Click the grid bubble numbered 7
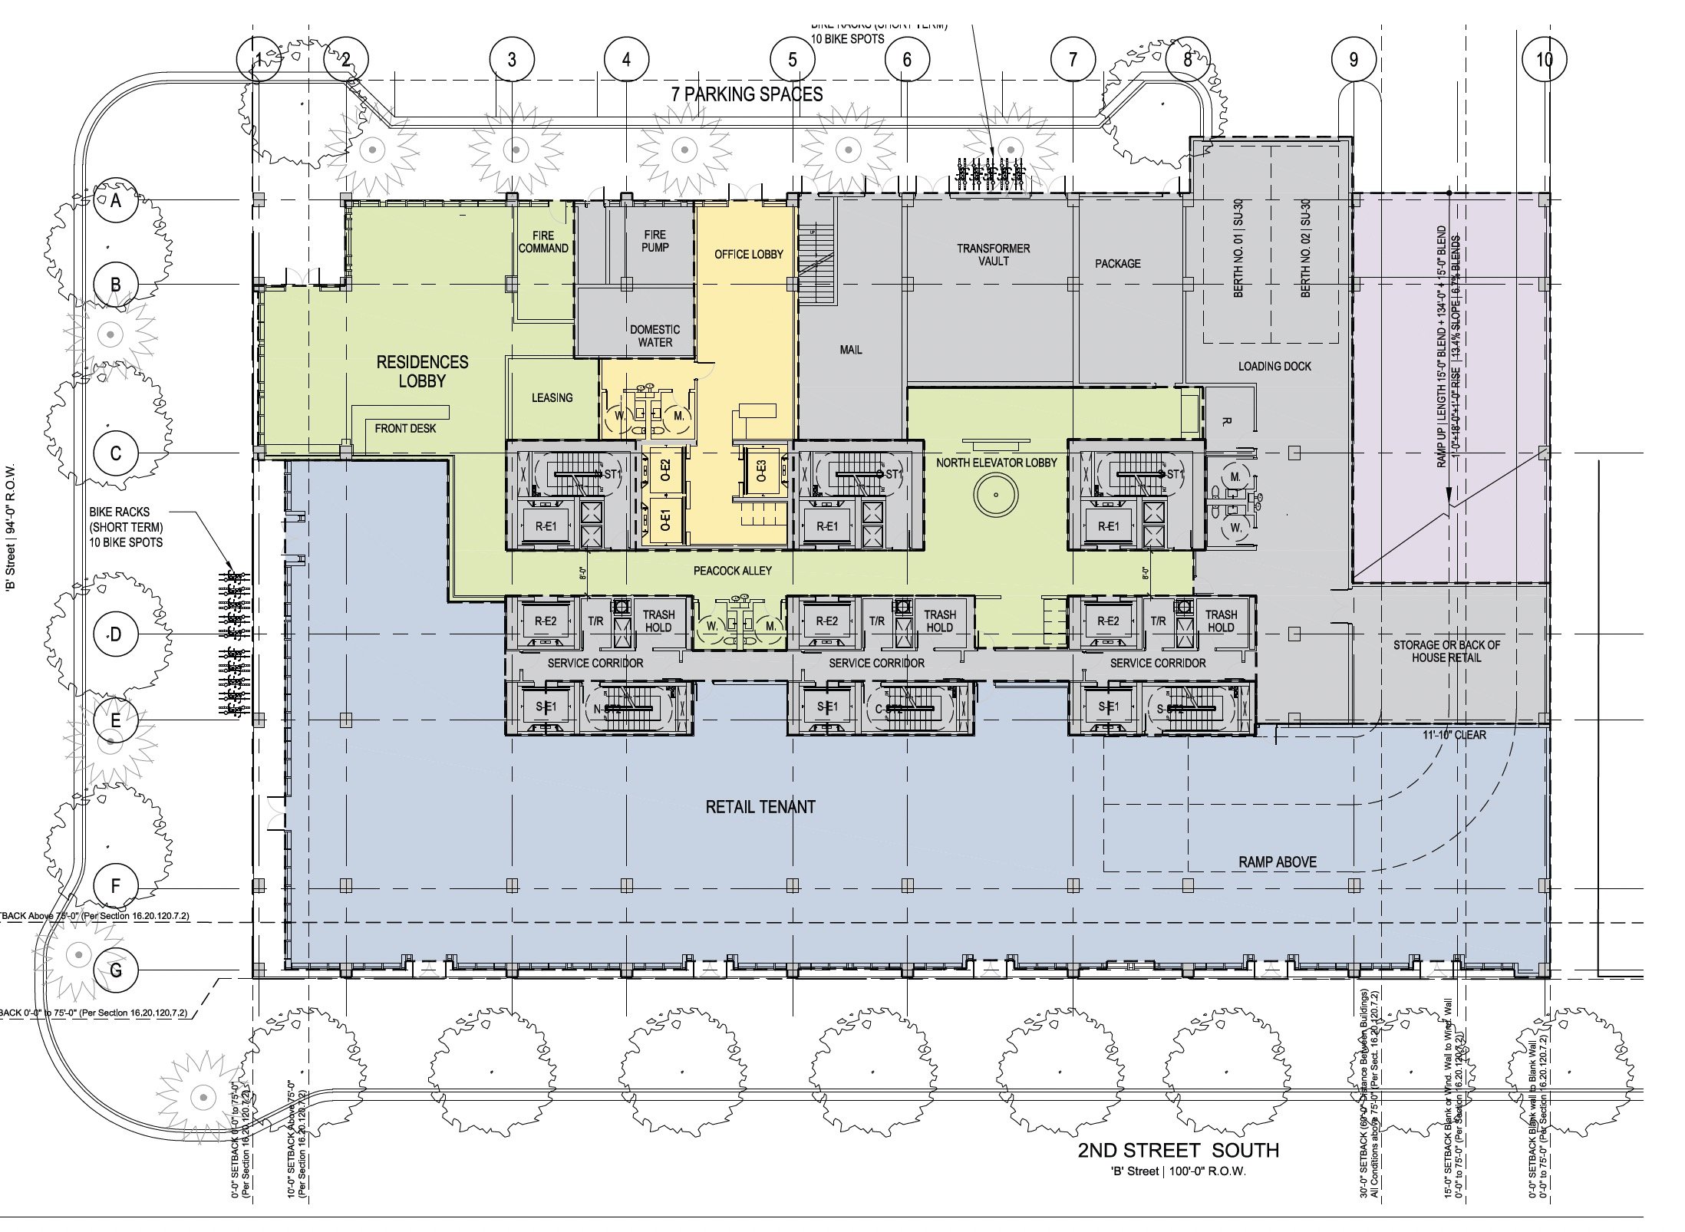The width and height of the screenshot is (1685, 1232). coord(1073,59)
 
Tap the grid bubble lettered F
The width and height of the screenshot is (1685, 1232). coord(116,886)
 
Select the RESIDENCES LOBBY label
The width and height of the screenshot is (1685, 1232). coord(422,371)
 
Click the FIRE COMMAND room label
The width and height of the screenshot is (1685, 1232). coord(543,242)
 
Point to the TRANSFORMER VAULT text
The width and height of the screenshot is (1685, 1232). coord(993,255)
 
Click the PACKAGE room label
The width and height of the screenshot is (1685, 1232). coord(1117,263)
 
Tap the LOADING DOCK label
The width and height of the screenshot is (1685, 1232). coord(1274,366)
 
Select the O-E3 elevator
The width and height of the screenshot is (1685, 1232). coord(761,470)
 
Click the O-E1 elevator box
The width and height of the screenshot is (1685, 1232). coord(665,521)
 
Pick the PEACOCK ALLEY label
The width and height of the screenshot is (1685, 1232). coord(732,571)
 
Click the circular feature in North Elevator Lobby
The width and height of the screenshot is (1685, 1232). coord(996,495)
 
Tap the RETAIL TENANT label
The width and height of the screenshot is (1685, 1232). coord(760,807)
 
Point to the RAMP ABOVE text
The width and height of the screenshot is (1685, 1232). coord(1277,862)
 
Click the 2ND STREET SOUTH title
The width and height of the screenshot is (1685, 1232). coord(1178,1150)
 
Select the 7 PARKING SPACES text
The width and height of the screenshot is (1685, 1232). coord(747,94)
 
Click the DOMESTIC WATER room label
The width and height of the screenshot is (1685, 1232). coord(655,336)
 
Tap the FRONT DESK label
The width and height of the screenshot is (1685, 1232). coord(405,428)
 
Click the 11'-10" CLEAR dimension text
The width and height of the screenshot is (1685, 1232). coord(1454,735)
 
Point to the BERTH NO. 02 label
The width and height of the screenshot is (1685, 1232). coord(1305,249)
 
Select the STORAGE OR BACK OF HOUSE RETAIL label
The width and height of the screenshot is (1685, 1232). coord(1446,651)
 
